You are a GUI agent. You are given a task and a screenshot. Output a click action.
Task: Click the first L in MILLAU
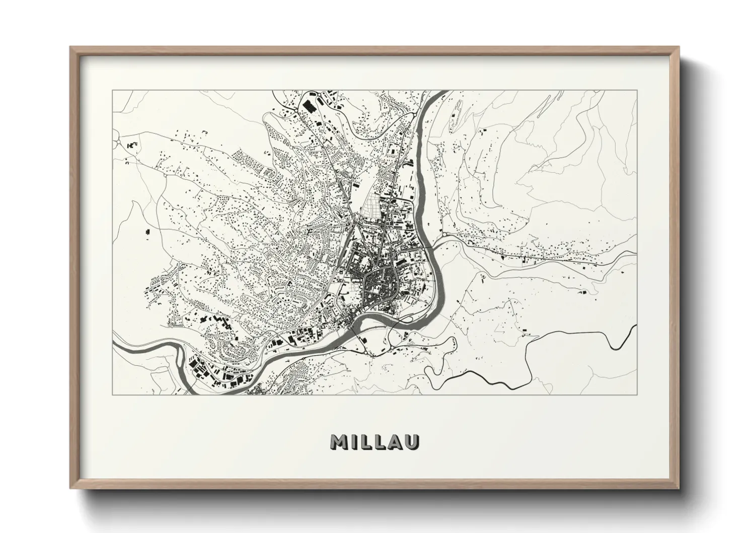click(x=364, y=442)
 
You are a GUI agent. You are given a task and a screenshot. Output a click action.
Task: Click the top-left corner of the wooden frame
click(x=71, y=48)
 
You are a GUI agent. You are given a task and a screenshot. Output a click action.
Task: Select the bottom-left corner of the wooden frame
click(x=71, y=488)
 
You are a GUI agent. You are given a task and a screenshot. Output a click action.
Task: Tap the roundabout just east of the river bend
click(x=445, y=234)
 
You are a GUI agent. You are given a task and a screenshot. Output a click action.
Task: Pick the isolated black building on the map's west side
click(x=147, y=232)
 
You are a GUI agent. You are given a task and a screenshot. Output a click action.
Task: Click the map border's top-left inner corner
click(x=112, y=91)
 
